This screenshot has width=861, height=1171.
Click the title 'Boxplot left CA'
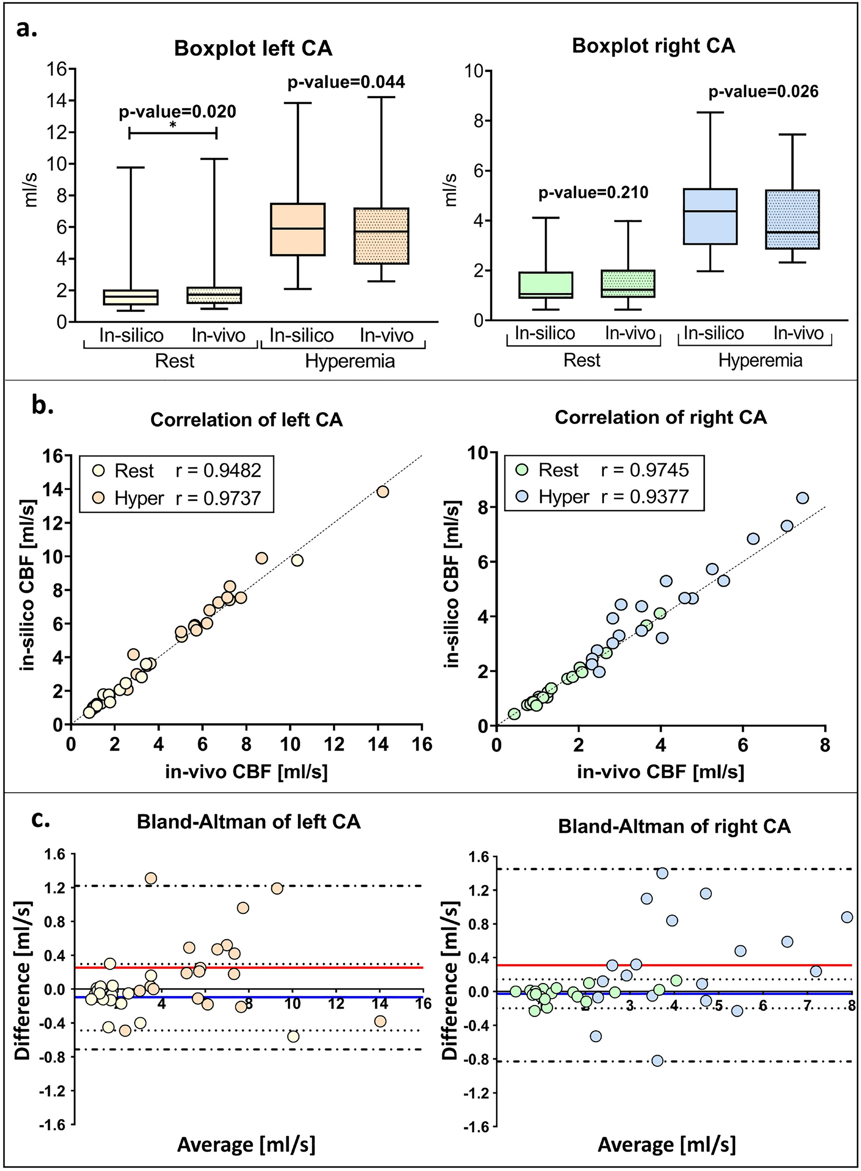coord(253,49)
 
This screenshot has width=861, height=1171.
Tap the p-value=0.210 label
coord(593,193)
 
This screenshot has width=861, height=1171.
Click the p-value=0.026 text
coord(763,92)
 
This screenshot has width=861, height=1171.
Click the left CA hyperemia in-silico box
coord(297,230)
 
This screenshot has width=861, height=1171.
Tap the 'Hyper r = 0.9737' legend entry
coord(188,498)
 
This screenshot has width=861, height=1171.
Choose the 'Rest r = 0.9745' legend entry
coord(614,470)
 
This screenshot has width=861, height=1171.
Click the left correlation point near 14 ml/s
coord(383,491)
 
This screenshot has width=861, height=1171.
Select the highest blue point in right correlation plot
coord(803,498)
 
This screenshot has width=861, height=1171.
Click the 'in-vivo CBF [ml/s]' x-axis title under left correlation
coord(246,772)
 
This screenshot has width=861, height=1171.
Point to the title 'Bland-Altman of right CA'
coord(675,826)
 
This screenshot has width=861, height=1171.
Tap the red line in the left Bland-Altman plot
coord(313,967)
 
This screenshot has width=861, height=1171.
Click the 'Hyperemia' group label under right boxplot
coord(760,360)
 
